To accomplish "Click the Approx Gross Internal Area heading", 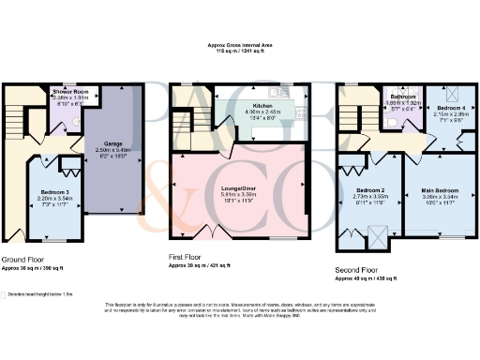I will (241, 43).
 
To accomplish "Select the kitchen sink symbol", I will (277, 92).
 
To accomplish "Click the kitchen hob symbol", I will (301, 112).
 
